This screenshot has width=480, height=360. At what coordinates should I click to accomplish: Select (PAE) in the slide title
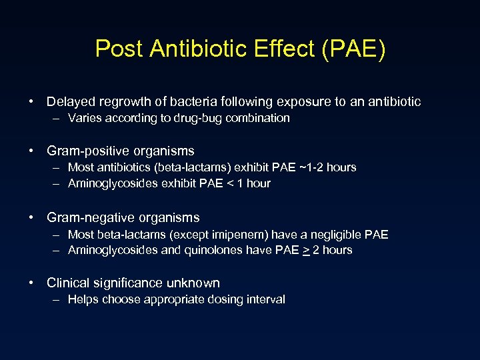click(x=353, y=49)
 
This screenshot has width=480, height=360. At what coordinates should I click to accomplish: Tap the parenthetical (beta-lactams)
click(x=183, y=167)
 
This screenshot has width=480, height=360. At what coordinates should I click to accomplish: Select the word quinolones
click(x=223, y=250)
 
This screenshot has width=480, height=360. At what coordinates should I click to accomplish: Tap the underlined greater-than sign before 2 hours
click(x=305, y=250)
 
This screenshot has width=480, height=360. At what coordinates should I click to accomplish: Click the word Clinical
click(x=69, y=283)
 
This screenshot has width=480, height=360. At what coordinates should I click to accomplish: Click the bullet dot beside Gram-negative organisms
click(x=32, y=218)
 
